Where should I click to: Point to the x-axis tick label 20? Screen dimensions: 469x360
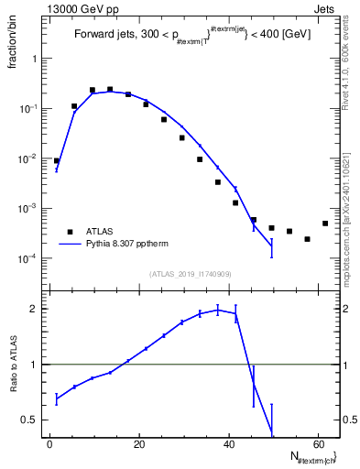(x=138, y=445)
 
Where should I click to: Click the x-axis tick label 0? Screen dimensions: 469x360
(x=49, y=445)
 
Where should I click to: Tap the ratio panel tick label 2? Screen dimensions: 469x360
(x=38, y=309)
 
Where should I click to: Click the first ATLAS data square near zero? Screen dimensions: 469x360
(x=56, y=160)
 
